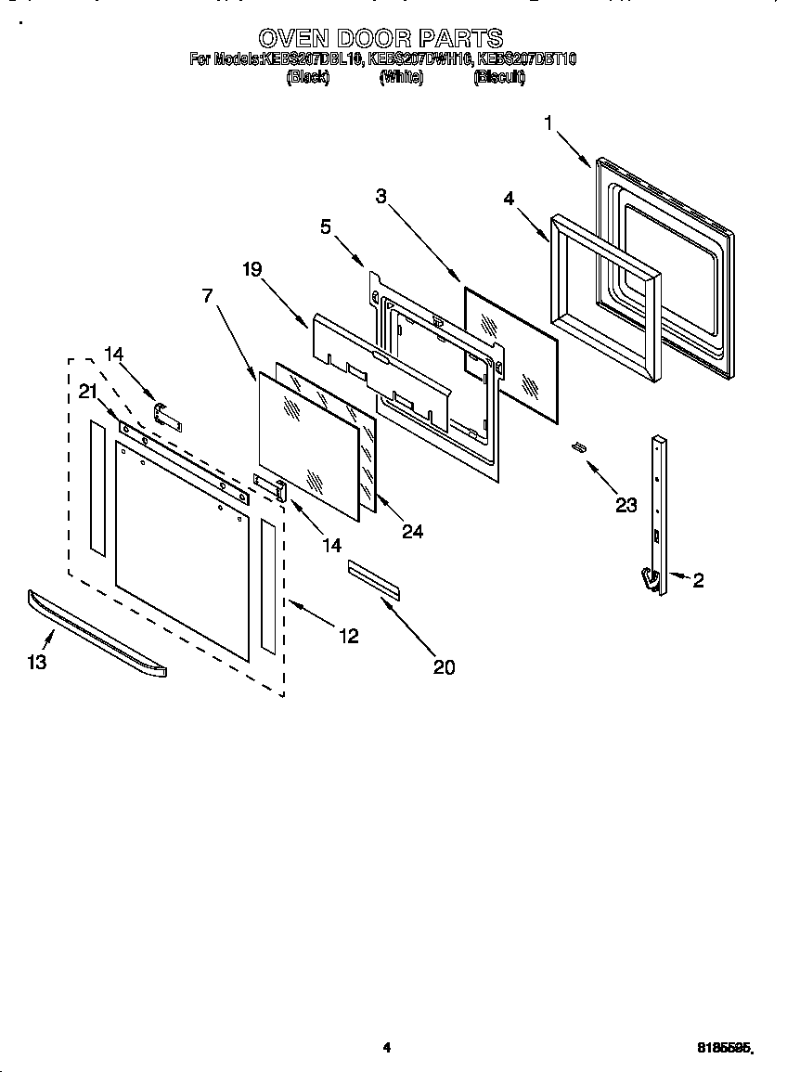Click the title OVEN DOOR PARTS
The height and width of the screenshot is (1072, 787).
click(381, 38)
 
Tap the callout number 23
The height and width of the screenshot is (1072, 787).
click(626, 504)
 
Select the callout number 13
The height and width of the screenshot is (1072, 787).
click(36, 662)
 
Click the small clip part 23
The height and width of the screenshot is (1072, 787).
click(578, 447)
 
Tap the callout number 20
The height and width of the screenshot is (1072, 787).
click(445, 666)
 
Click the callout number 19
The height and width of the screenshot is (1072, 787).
click(252, 269)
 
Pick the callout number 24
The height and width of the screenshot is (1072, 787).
click(412, 531)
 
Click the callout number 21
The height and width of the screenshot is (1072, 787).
click(88, 392)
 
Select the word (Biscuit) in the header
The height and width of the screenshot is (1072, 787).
click(499, 79)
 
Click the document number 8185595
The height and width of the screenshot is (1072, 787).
click(724, 1049)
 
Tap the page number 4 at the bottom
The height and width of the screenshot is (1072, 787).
click(387, 1048)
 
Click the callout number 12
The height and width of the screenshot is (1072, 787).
click(348, 636)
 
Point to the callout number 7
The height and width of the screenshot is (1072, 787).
click(207, 295)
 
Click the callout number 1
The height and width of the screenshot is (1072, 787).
click(548, 123)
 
